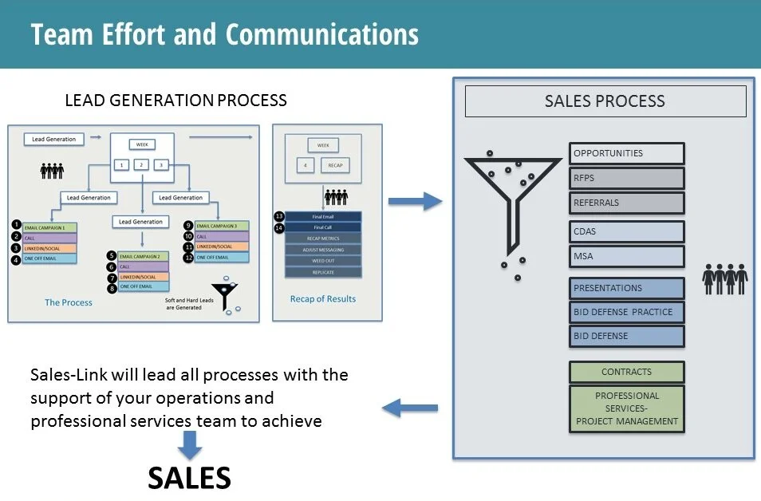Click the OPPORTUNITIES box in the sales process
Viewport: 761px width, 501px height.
coord(626,153)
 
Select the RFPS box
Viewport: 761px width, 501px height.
coord(626,178)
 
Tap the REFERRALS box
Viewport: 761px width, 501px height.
coord(626,203)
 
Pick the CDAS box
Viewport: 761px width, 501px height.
coord(626,231)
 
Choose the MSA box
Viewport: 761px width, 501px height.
coord(626,256)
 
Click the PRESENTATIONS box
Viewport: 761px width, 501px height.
coord(626,288)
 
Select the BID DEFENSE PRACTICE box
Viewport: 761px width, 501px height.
coord(626,312)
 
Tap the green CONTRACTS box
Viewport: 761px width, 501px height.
coord(626,372)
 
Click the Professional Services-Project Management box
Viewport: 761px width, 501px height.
coord(626,408)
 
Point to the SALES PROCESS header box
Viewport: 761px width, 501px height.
coord(605,101)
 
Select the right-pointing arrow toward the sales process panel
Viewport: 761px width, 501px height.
coord(415,200)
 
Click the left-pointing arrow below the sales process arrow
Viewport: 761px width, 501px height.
coord(410,408)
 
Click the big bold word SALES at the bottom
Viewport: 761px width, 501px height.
coord(190,478)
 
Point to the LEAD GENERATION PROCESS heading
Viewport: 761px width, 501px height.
coord(175,101)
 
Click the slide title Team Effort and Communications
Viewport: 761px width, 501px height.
coord(225,34)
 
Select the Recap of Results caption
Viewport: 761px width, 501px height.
coord(323,299)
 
